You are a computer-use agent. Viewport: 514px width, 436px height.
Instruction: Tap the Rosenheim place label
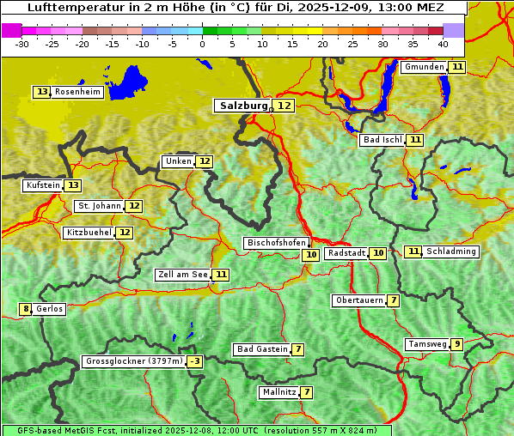point(77,92)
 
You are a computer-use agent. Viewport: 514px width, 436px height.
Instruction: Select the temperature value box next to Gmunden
point(457,67)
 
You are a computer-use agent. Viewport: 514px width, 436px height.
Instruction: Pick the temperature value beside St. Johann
point(134,206)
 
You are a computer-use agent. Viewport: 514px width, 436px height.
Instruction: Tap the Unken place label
point(178,161)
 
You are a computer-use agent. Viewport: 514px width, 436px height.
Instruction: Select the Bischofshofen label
point(276,244)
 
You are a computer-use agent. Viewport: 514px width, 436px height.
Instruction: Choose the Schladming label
point(450,251)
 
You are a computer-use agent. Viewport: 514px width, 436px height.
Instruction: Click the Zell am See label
point(183,275)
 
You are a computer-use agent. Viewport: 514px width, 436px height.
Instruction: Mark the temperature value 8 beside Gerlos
point(26,309)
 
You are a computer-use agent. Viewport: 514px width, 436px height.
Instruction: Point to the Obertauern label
point(358,300)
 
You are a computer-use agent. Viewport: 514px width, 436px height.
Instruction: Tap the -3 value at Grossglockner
point(195,362)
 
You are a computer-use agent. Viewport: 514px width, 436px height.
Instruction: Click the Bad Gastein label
point(262,349)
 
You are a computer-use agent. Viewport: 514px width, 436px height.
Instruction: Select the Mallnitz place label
point(278,392)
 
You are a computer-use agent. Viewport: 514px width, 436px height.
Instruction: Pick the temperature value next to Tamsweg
point(457,344)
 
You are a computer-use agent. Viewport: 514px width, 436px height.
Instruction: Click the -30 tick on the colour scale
point(22,44)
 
